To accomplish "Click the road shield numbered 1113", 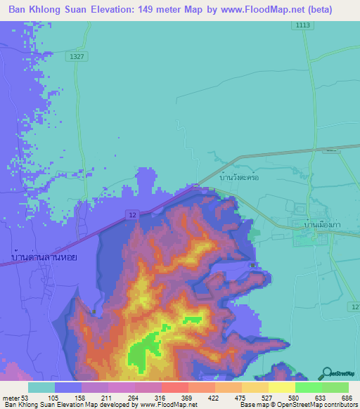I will tap(303, 25).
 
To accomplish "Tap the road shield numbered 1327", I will tap(77, 56).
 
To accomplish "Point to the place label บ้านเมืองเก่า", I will tap(318, 224).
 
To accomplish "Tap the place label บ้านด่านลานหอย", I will tap(44, 257).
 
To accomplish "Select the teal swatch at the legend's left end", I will tap(41, 387).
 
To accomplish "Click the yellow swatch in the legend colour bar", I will tap(281, 387).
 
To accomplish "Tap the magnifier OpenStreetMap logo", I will tap(327, 373).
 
